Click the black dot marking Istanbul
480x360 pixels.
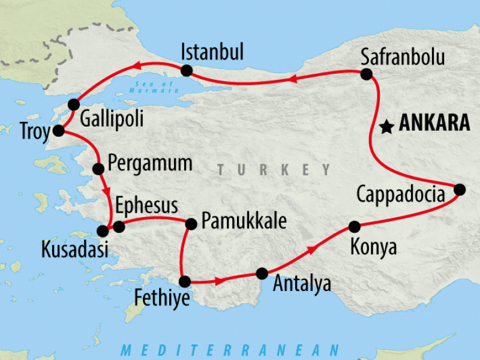point(186,71)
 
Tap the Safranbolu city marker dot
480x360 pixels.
point(367,74)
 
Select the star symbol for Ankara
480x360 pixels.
point(387,127)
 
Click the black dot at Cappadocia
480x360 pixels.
point(459,190)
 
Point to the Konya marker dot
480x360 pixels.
point(354,227)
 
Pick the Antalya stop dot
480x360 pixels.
point(262,274)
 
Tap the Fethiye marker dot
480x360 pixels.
point(185,281)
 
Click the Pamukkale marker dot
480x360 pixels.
point(191,224)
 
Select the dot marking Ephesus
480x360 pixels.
point(119,227)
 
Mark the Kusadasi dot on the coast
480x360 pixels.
point(103,230)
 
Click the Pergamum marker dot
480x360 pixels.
point(99,169)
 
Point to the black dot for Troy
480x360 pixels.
point(59,131)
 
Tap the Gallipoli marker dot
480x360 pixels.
point(74,104)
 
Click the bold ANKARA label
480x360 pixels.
point(434,124)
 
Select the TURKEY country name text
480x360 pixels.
point(274,170)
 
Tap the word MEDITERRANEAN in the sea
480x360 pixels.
point(230,350)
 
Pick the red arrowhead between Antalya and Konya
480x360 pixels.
point(311,248)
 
